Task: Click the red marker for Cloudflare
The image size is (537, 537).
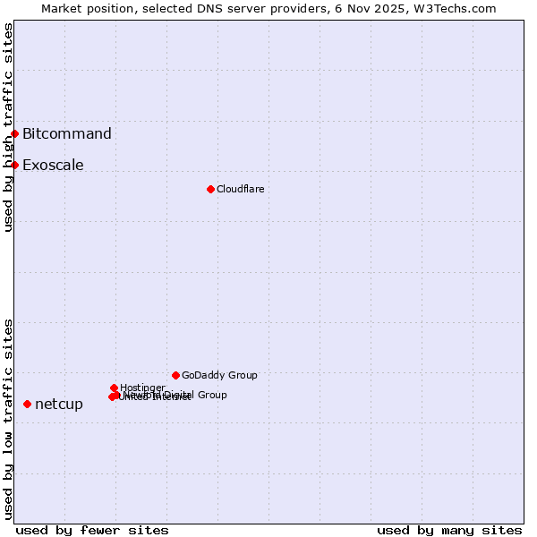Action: pos(210,189)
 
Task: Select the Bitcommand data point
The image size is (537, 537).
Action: pos(15,133)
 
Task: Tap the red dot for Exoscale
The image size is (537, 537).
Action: pos(15,165)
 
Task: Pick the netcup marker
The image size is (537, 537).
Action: pos(28,404)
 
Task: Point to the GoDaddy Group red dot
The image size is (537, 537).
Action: pos(175,375)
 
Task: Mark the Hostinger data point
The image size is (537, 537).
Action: pos(115,388)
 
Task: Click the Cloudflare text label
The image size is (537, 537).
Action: pos(240,189)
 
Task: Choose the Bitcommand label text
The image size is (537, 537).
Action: pos(67,134)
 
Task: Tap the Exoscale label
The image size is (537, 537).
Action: pos(53,166)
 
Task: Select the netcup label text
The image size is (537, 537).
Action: pos(59,405)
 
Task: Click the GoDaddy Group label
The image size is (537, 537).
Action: pos(219,375)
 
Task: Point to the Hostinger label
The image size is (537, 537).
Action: pos(142,388)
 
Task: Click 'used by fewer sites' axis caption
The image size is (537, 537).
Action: pos(92,530)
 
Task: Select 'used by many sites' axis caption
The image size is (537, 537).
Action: pos(449,530)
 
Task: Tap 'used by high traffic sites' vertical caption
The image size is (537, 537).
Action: pos(8,127)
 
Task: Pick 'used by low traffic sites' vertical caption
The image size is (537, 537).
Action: pos(8,419)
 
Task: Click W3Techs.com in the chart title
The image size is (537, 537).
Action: pos(460,8)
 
